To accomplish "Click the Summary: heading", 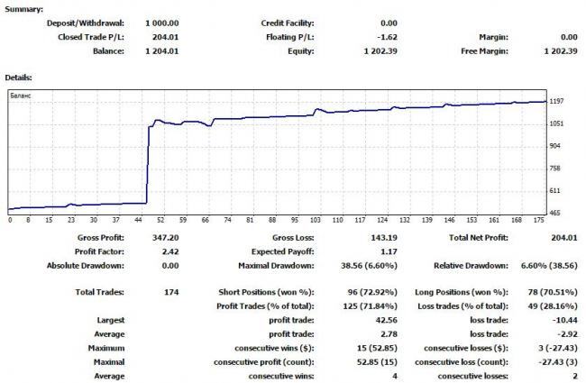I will (x=23, y=7).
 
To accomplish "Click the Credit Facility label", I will (x=287, y=23).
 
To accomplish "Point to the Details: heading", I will (x=19, y=77).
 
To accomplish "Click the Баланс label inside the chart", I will (x=21, y=94).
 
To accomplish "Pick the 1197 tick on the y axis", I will (x=557, y=101).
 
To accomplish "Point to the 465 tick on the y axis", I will (x=555, y=213).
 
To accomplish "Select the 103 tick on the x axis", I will (x=316, y=220).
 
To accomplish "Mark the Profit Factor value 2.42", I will (x=169, y=251).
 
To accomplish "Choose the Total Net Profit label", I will (x=479, y=238).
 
